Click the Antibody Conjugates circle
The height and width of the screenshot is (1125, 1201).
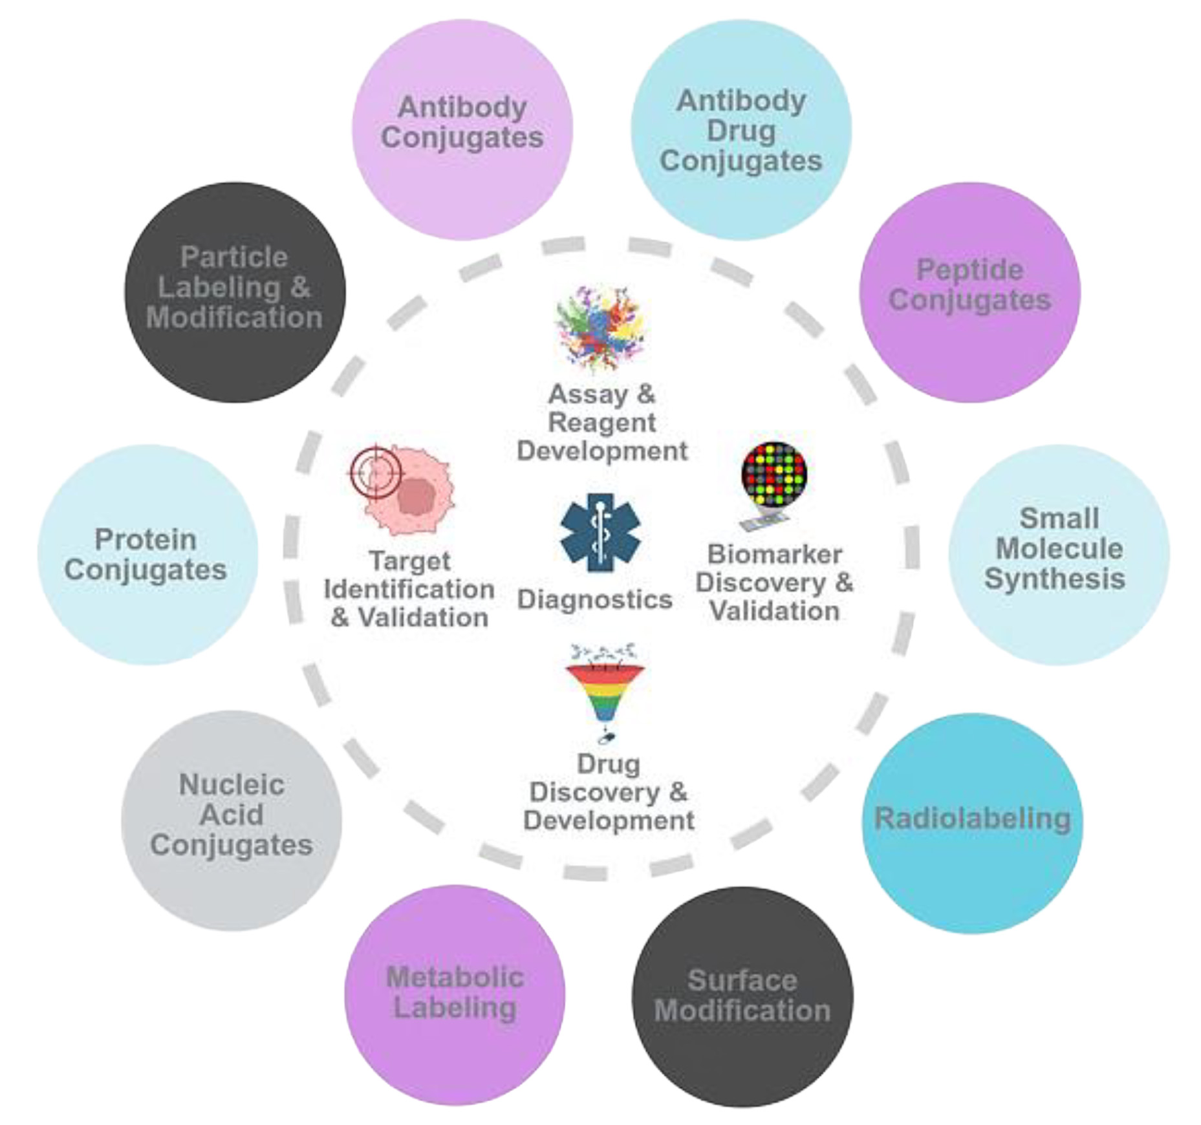(x=462, y=129)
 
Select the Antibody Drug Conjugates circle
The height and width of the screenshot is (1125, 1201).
(x=741, y=129)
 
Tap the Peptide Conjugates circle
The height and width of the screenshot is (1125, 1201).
(x=969, y=292)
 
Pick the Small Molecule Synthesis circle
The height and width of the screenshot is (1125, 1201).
(x=1059, y=554)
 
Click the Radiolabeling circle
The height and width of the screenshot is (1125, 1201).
(x=972, y=822)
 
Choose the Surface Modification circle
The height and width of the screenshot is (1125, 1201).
(x=742, y=996)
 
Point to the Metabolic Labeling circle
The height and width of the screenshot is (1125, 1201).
(x=455, y=994)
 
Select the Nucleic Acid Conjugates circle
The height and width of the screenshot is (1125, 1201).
(x=231, y=820)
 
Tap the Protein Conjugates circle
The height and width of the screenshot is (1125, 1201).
(x=147, y=554)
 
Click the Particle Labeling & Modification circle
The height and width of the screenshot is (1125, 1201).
(x=235, y=292)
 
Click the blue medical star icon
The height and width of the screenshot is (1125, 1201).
(x=600, y=533)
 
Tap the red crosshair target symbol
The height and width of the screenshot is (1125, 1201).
(x=375, y=473)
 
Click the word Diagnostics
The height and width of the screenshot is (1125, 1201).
(x=594, y=600)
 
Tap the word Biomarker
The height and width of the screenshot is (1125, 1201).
(x=774, y=555)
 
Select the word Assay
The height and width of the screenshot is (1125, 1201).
(x=588, y=394)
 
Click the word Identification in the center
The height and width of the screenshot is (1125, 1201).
(x=409, y=590)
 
